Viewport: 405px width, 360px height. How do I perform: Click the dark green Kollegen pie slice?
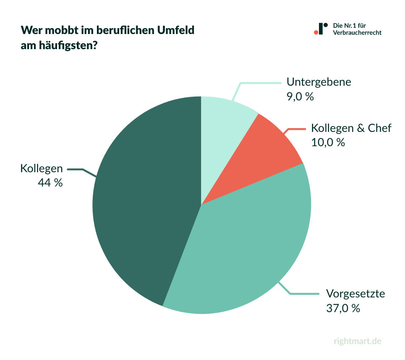143,202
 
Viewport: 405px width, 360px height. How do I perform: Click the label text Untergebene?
319,81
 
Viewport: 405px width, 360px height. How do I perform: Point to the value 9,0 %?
300,97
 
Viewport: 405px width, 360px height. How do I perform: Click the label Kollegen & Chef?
351,128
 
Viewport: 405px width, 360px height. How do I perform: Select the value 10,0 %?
328,142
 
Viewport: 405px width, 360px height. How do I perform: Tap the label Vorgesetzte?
355,293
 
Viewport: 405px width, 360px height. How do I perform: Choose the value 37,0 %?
343,308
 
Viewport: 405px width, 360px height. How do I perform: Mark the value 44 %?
50,183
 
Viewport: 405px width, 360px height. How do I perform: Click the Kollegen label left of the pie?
42,168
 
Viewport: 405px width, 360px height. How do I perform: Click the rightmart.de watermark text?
358,341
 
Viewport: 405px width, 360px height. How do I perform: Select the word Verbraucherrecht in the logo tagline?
357,33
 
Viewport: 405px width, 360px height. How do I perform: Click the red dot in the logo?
316,32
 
